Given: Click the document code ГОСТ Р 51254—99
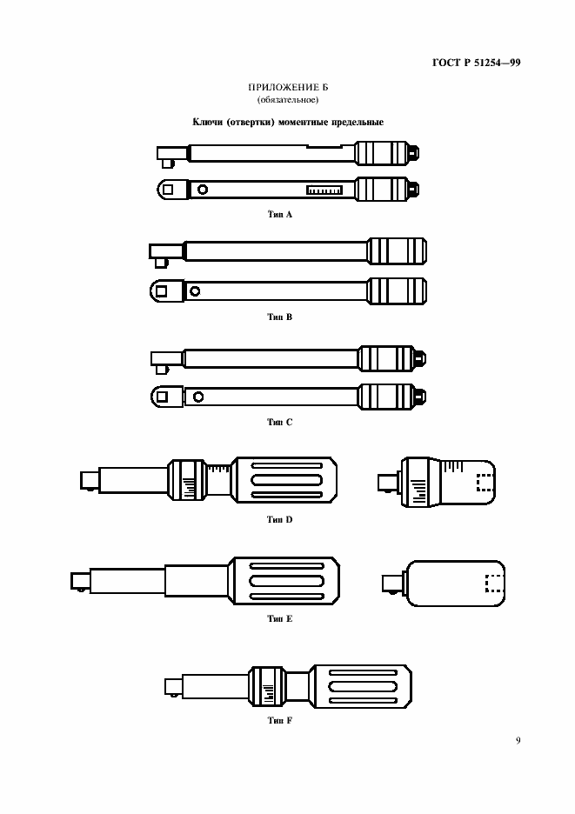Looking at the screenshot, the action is (476, 63).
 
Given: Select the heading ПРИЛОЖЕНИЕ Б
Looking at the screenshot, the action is (288, 87).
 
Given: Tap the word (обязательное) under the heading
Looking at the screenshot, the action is (288, 100).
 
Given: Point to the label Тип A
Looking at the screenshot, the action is (280, 215).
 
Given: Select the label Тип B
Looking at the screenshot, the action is (280, 317).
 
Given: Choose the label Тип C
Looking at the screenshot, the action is (280, 422).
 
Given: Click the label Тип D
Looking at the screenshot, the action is (280, 519).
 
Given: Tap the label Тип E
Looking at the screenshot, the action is (280, 618).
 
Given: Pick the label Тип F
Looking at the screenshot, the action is (280, 720).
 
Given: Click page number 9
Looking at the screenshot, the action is (518, 740).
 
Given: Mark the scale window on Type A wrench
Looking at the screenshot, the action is (324, 190).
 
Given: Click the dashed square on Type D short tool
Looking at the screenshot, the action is (485, 482).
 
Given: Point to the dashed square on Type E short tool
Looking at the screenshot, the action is (493, 584).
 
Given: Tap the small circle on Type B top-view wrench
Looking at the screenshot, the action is (195, 291).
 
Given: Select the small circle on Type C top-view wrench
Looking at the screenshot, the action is (197, 397).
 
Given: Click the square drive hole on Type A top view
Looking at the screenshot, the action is (168, 190).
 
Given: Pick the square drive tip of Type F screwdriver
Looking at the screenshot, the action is (173, 686).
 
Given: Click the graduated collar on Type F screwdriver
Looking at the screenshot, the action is (268, 686).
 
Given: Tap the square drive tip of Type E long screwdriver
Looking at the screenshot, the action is (80, 581).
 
